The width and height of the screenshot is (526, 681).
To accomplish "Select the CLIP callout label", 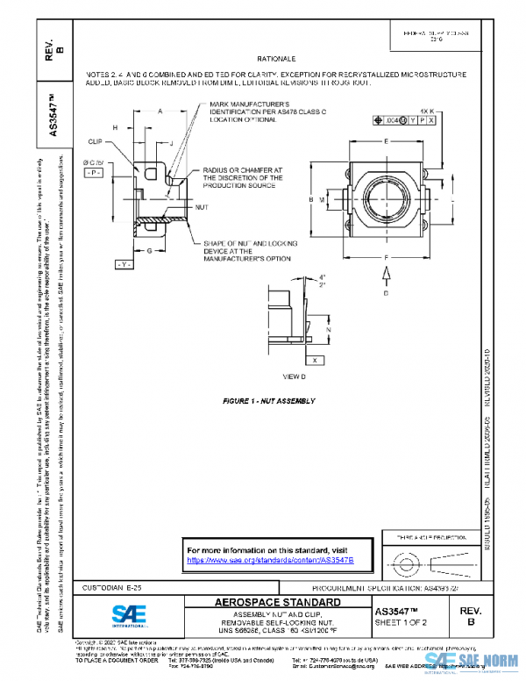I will [x=96, y=140].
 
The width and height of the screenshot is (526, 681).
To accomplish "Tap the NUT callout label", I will [x=201, y=207].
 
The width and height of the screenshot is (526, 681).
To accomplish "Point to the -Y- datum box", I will [x=124, y=264].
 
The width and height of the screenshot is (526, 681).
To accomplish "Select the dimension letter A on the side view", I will [x=160, y=112].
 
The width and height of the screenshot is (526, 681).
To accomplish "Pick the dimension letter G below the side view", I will [x=151, y=251].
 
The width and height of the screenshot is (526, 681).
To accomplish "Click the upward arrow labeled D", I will [x=387, y=276].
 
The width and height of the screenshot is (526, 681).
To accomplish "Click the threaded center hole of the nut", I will [x=387, y=200].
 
